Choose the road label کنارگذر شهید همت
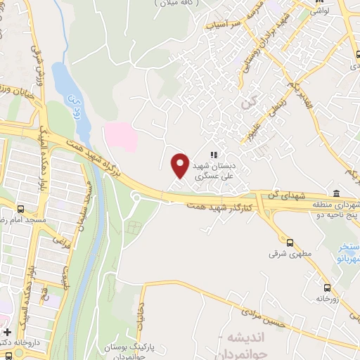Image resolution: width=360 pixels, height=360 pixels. point(217,204)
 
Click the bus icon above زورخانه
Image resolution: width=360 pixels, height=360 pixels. point(327,288)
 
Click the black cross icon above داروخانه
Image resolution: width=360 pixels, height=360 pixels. point(8,332)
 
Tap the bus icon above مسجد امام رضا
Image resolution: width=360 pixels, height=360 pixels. point(20,210)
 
